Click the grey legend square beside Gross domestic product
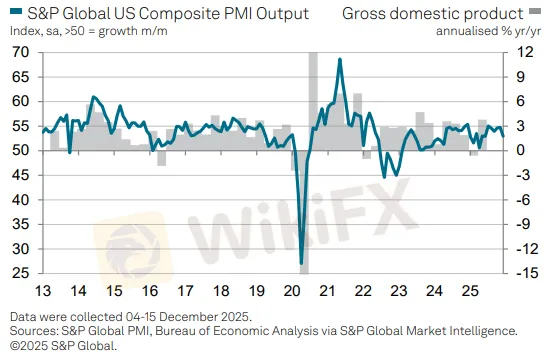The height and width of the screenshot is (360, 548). (533, 14)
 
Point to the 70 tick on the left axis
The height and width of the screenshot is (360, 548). (19, 53)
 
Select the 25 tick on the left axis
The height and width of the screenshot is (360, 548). (19, 273)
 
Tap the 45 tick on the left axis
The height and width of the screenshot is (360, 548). (19, 175)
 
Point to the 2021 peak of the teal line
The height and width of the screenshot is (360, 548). (340, 60)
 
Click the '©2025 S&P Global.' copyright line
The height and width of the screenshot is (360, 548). (65, 345)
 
